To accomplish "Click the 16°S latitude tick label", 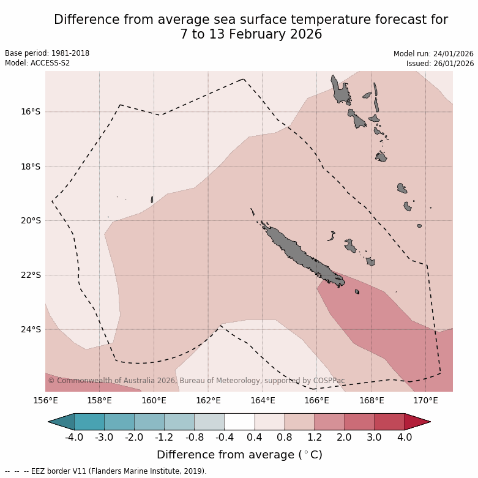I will [31, 111].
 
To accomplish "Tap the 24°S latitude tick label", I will [31, 329].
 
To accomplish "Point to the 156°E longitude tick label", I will [45, 400].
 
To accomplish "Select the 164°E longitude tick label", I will [263, 400].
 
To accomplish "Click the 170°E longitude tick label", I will [425, 400].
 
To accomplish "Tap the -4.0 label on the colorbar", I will [74, 438].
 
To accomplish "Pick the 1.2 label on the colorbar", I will [315, 438].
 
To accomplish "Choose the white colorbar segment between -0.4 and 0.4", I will [239, 422].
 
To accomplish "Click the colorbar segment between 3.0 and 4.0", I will [389, 422].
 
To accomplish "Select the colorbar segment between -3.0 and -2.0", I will [119, 422].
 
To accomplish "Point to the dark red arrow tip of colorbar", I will [417, 422].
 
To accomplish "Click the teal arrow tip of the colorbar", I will [61, 422].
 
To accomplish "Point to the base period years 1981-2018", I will [69, 53].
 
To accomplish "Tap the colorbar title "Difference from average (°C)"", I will [239, 455].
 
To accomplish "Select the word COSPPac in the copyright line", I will [329, 381].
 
